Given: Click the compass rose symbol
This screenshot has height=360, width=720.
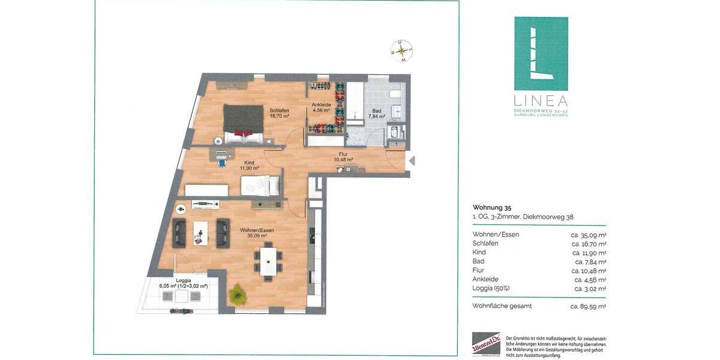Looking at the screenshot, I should click(401, 51).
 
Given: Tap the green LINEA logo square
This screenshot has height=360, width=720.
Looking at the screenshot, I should click(541, 53).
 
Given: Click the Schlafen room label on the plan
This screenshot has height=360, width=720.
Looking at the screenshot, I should click(280, 113).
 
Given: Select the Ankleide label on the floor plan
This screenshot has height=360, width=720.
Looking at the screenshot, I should click(321, 107).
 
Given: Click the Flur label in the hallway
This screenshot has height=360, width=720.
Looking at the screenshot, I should click(343, 157).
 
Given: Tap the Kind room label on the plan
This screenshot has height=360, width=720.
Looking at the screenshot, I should click(249, 165).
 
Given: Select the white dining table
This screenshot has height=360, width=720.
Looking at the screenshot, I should click(268, 262).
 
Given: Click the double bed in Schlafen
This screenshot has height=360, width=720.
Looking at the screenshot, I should click(244, 124).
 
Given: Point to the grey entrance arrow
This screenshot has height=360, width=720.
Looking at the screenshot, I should click(411, 160).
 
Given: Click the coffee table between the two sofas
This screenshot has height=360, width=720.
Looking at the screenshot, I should click(200, 233).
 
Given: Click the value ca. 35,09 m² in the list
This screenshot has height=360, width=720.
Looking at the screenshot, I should click(588, 235).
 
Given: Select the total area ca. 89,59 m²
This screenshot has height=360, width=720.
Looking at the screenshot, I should click(588, 306).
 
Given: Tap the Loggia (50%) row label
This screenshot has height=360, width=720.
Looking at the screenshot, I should click(491, 289).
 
